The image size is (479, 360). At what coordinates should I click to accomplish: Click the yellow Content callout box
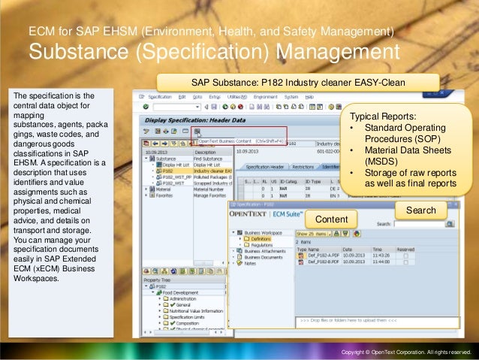click(332, 219)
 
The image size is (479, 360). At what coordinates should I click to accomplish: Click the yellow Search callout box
click(420, 210)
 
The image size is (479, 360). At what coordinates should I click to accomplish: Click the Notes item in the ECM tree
click(249, 263)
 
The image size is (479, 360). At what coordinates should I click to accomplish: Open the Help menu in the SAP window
click(309, 97)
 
